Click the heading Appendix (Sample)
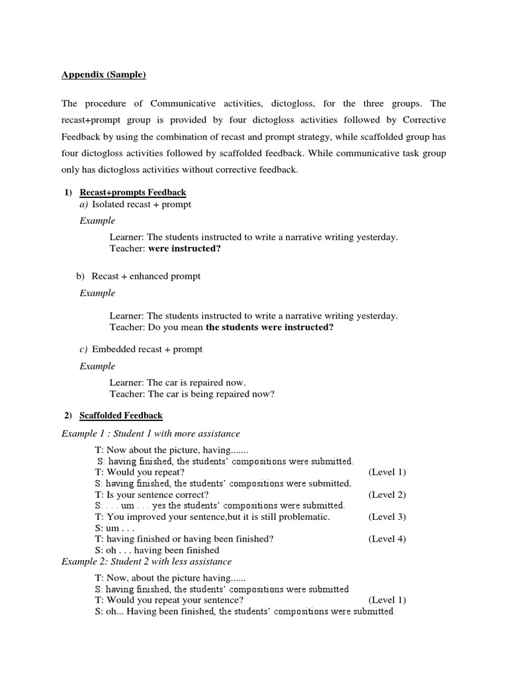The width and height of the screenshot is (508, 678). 104,75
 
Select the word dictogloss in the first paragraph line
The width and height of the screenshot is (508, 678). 303,103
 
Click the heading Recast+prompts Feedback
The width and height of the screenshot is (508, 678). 133,192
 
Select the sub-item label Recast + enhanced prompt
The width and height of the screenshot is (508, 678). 146,275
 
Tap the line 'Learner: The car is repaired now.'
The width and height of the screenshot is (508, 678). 177,383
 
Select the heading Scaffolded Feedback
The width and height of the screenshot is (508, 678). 121,416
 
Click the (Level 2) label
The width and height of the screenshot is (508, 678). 387,495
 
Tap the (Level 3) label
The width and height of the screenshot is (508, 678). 387,516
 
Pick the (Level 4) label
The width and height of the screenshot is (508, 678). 387,539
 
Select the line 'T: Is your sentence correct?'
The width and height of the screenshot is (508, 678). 152,495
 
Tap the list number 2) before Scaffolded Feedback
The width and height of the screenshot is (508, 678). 67,416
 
